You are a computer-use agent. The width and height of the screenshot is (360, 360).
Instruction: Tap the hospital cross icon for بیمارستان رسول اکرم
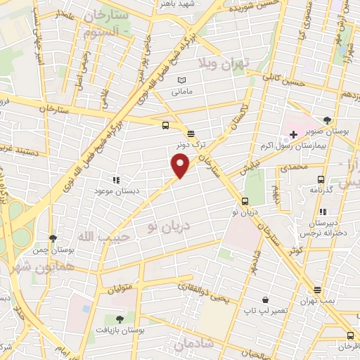point(292,134)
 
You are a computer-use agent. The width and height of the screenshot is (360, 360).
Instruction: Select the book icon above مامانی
point(182,81)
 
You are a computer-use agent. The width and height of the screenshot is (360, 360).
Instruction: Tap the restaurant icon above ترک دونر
point(191,134)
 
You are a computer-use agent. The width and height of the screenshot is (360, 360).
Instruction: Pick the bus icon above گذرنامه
point(321,179)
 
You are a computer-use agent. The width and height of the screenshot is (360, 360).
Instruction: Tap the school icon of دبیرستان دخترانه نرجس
point(322,212)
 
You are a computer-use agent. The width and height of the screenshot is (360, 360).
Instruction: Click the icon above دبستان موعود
point(115,180)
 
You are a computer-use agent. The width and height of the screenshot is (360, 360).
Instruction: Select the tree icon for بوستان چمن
point(53,239)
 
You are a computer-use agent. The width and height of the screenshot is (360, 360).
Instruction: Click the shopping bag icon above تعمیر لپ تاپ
point(264,299)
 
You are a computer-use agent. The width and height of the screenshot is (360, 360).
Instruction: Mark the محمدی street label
point(294,167)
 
